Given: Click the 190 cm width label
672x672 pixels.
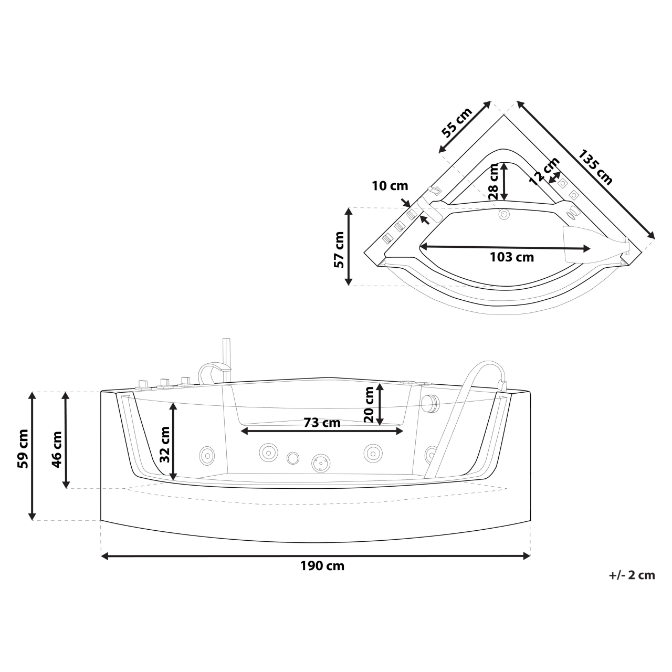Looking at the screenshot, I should click(x=322, y=566).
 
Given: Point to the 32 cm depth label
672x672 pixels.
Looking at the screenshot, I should click(x=164, y=443).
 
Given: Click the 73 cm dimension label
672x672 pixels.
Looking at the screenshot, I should click(x=322, y=422).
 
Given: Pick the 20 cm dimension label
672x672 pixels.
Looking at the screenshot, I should click(x=369, y=404).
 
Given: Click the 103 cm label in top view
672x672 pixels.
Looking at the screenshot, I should click(x=511, y=257).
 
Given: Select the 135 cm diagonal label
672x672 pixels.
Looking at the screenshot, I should click(x=595, y=167).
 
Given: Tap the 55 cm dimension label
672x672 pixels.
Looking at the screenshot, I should click(x=456, y=122).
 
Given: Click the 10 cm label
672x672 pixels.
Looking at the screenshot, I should click(x=390, y=186).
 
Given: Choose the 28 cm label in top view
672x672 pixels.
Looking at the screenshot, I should click(x=493, y=181).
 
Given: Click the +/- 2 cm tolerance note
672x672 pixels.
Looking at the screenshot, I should click(x=632, y=575).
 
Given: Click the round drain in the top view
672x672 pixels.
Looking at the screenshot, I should click(x=503, y=214).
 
